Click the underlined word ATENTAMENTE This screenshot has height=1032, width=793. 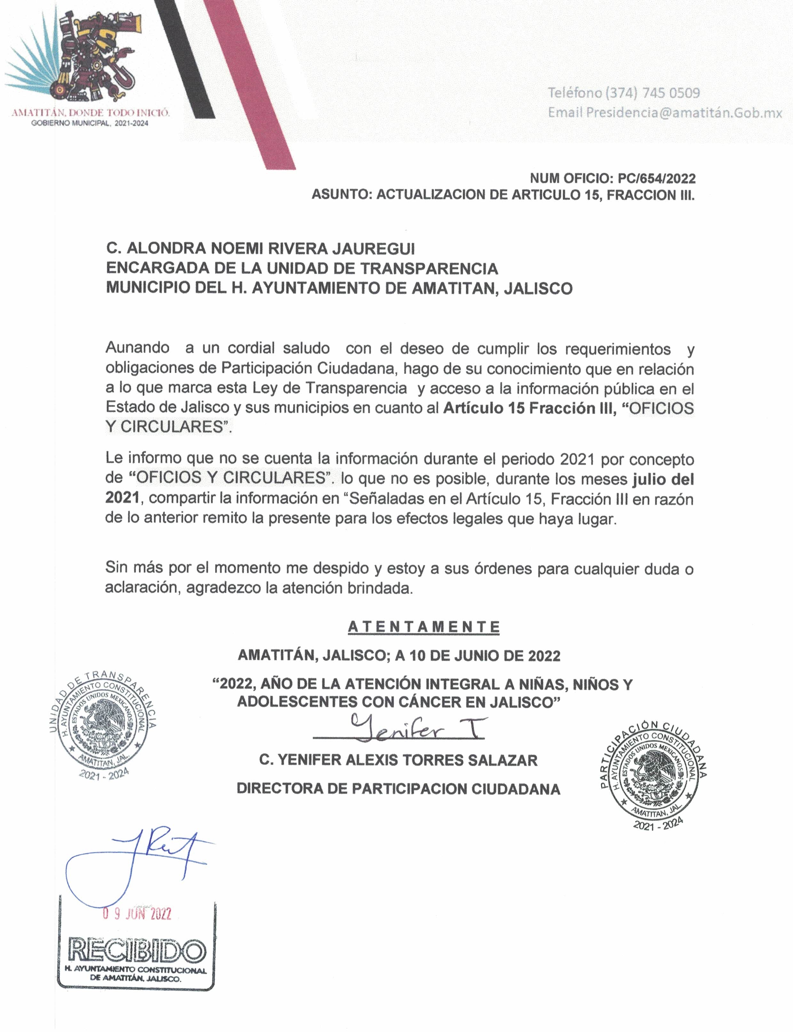[x=424, y=627]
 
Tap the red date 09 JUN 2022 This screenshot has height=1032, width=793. [x=137, y=914]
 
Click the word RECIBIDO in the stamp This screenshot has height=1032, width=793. [x=137, y=950]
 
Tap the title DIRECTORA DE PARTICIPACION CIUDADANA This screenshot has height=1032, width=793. [x=398, y=789]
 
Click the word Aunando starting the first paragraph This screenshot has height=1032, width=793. [x=137, y=348]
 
